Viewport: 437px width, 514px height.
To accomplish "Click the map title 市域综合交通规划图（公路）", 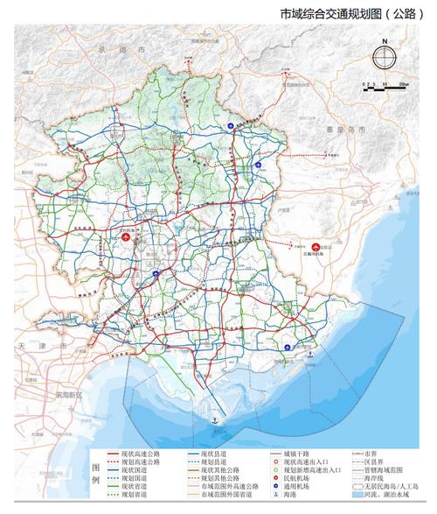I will pyautogui.click(x=342, y=14).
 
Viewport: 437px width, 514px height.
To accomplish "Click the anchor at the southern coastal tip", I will pyautogui.click(x=211, y=423).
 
